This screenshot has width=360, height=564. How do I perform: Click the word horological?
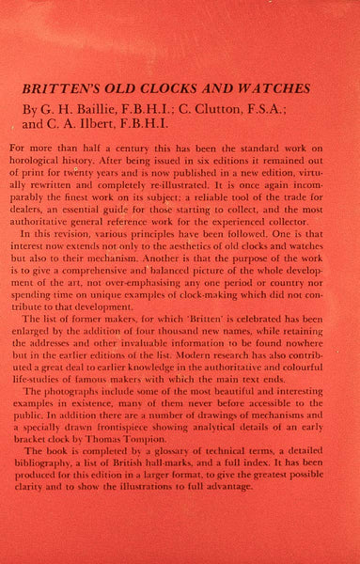tap(51, 164)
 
